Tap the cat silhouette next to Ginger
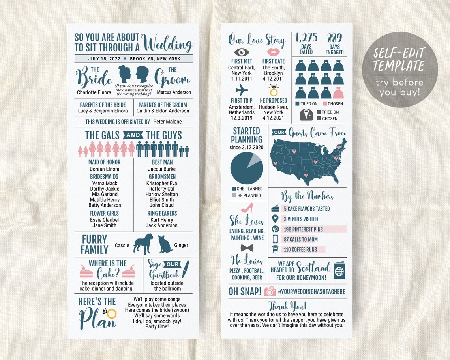coord(165,245)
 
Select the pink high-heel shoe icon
coord(247,208)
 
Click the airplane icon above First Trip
coord(242,90)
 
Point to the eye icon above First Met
coord(241,52)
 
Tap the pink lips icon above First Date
coord(273,52)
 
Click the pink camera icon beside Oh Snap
coord(270,291)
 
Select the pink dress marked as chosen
coord(338,93)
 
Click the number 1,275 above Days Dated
coord(306,38)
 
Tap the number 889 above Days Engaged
coord(334,38)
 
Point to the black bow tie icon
coord(247,248)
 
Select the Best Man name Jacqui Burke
coord(162,169)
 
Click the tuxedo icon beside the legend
coord(306,114)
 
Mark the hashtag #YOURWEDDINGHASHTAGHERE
coord(311,292)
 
